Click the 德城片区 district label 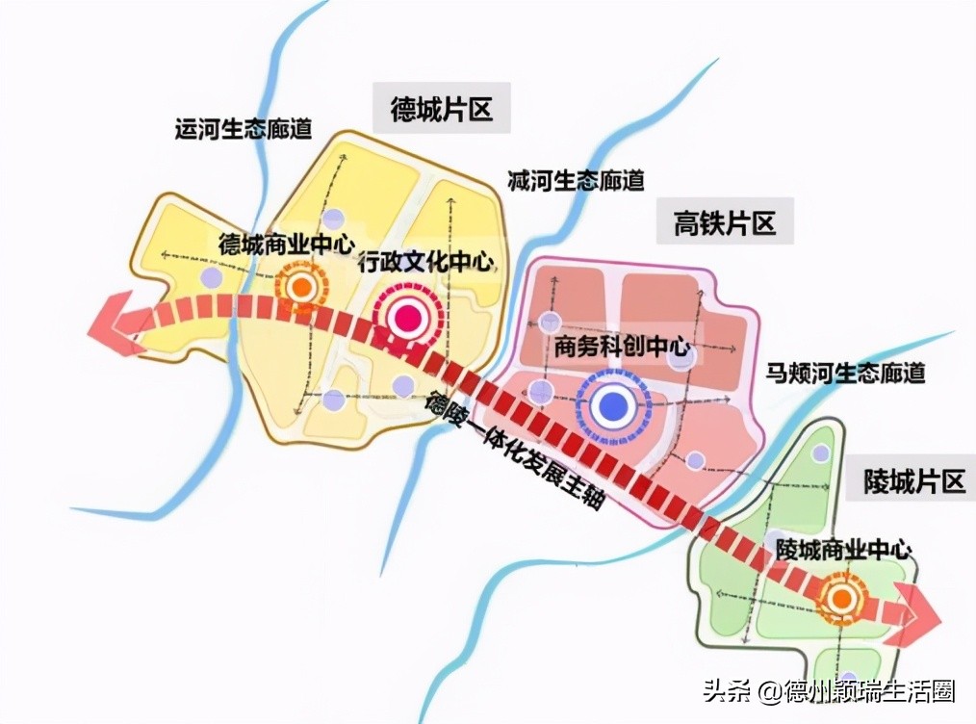(x=442, y=109)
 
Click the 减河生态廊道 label (x=576, y=180)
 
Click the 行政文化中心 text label (x=424, y=262)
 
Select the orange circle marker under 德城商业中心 (x=301, y=286)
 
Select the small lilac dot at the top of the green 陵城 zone (x=821, y=453)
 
